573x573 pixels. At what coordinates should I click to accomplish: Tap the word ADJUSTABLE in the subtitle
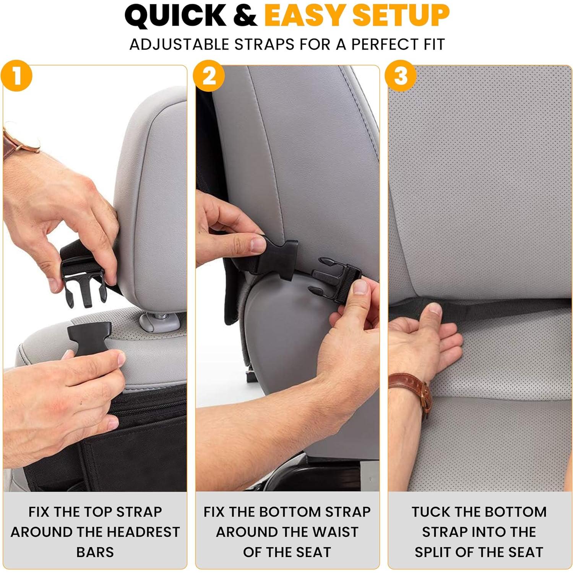pyautogui.click(x=179, y=44)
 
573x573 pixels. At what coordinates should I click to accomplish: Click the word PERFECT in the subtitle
pyautogui.click(x=383, y=44)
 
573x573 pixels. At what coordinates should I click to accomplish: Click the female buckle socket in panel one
pyautogui.click(x=89, y=334)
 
